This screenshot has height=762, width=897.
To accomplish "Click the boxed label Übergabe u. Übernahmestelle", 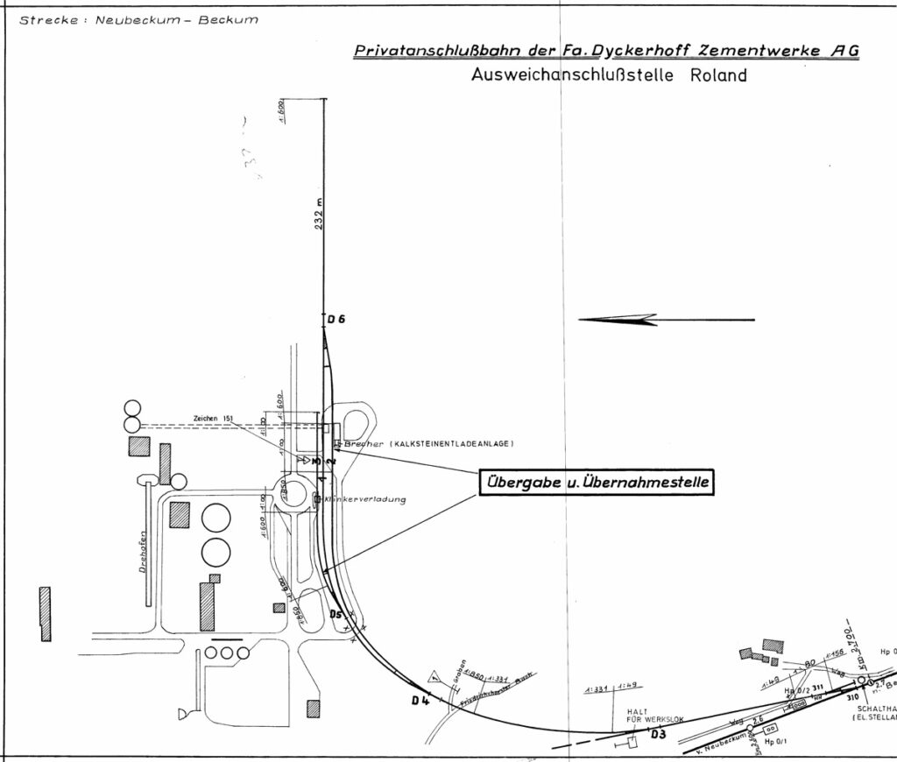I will click(x=596, y=483).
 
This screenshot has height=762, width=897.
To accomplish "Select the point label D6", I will click(x=336, y=320).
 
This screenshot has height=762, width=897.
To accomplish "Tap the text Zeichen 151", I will click(x=215, y=419).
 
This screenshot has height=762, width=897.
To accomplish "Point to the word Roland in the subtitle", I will click(x=718, y=75).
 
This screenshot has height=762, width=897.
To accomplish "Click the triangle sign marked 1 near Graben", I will click(x=435, y=676).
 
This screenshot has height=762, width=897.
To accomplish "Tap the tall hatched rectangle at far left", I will click(x=46, y=613).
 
